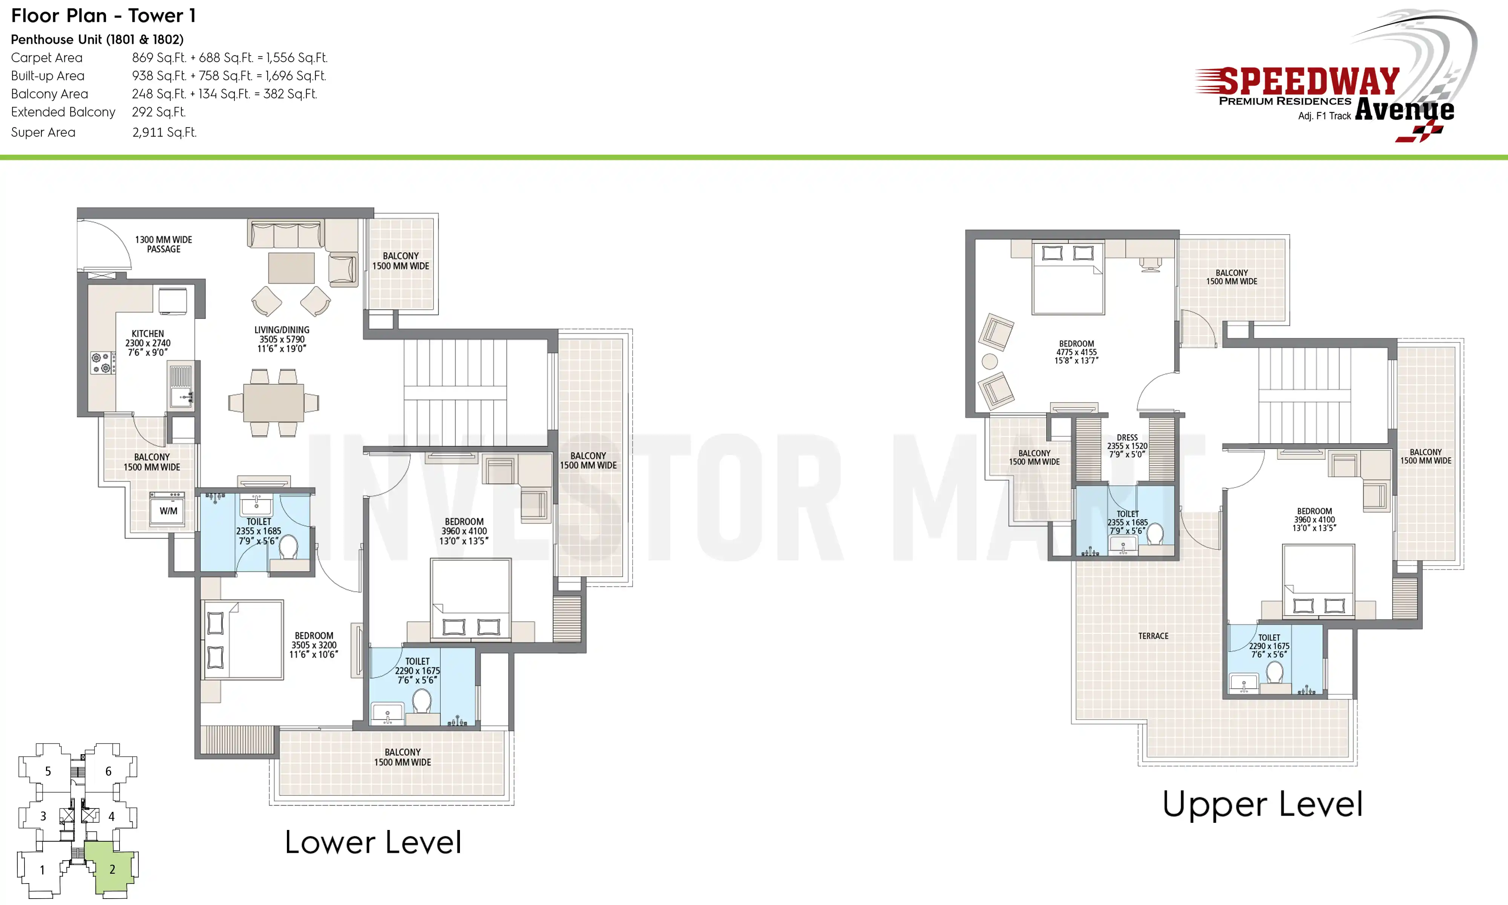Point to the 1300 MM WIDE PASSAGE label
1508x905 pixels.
tap(163, 244)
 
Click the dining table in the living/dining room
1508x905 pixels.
tap(274, 402)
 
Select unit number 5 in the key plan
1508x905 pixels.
tap(48, 772)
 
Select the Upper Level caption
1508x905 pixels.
tap(1262, 804)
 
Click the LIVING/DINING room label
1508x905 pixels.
tap(282, 339)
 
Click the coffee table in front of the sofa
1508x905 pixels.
tap(291, 268)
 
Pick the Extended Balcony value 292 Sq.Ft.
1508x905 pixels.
tap(158, 112)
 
